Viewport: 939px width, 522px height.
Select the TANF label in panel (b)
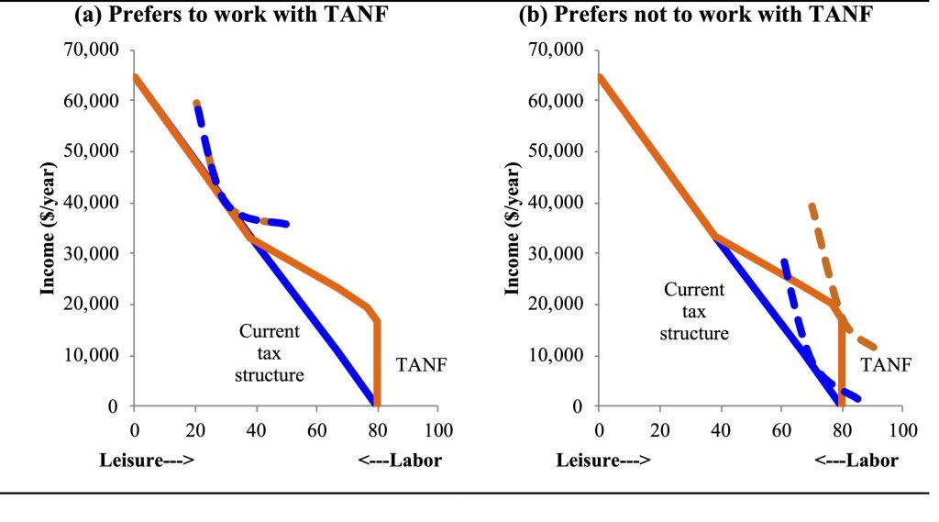(x=886, y=364)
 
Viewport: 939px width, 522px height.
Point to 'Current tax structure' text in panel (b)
(x=694, y=311)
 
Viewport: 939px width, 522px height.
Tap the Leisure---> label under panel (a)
(x=151, y=460)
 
